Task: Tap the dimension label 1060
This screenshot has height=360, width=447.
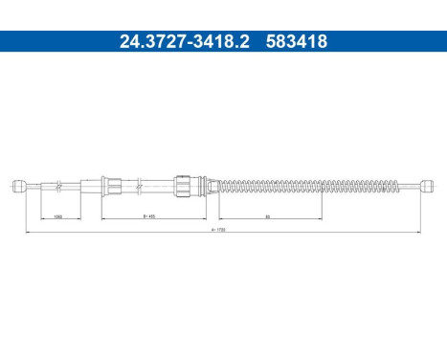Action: [58, 216]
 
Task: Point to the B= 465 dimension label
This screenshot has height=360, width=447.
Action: [149, 216]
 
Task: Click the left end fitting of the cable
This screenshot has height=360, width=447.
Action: [18, 185]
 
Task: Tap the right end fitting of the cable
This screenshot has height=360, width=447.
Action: [427, 184]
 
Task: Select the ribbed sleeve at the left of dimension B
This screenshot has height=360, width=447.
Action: [109, 184]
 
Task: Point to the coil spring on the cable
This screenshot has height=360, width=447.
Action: [306, 184]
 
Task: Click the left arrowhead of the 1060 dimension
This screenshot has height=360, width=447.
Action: [29, 219]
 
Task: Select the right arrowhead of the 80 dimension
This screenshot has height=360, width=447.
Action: [323, 219]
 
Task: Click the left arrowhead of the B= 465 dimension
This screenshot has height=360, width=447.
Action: [101, 219]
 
